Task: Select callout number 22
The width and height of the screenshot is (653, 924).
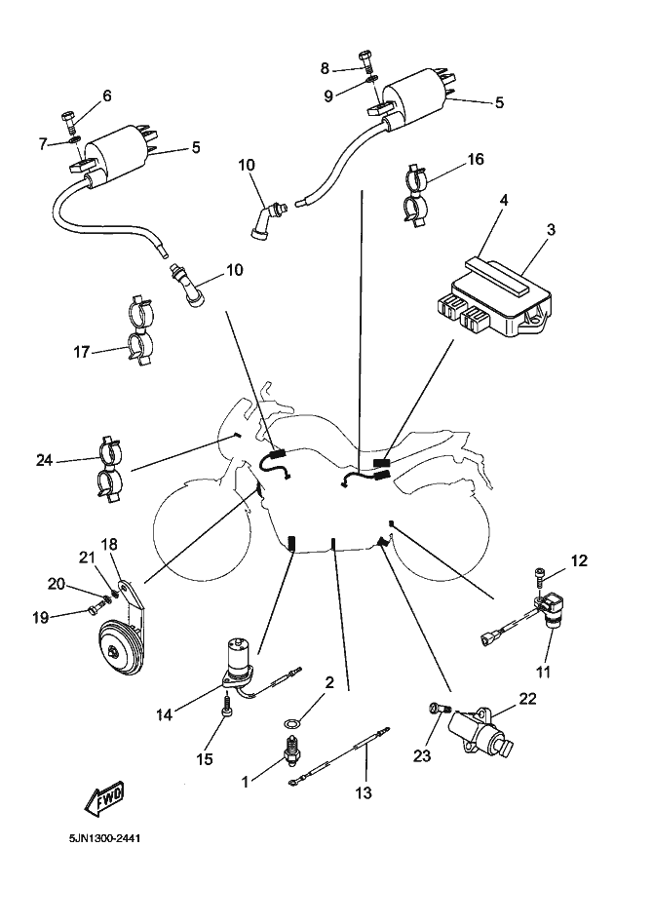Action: (526, 698)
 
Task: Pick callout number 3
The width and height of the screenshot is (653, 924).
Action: (551, 231)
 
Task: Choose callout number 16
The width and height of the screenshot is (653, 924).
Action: (475, 159)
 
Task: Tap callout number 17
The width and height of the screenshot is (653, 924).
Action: (84, 351)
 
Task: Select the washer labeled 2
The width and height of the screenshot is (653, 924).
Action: (292, 722)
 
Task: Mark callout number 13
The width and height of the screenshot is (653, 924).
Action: (363, 793)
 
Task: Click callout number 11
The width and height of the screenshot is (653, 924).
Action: (543, 672)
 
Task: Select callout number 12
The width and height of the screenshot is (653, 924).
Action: (579, 560)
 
